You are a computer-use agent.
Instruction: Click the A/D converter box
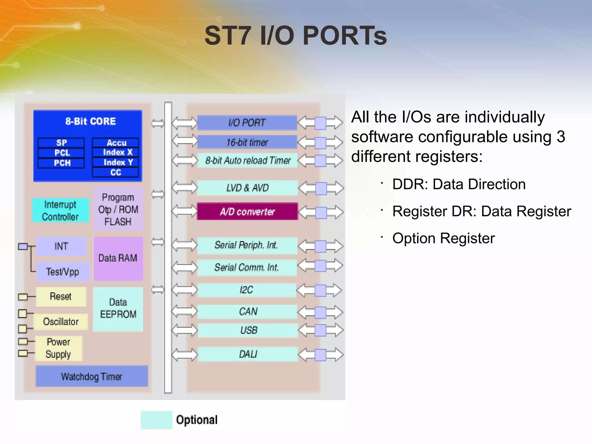247,211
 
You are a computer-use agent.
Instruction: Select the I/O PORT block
247,123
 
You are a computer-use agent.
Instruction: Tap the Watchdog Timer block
92,376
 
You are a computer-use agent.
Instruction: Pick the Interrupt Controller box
60,210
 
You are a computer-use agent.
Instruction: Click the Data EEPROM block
118,309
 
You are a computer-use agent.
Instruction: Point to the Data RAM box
118,258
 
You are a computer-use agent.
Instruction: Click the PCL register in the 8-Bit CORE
61,153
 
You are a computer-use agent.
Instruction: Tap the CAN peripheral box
247,312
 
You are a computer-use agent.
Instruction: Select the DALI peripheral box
248,354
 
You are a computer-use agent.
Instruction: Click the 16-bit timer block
247,142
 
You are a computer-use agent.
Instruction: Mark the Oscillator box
61,322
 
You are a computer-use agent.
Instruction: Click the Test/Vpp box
62,272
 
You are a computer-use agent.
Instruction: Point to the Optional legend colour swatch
156,420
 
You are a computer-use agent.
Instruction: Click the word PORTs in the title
345,36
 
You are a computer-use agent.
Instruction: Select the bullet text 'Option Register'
443,238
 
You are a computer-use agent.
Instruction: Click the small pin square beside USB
320,330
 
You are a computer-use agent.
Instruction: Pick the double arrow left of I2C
184,290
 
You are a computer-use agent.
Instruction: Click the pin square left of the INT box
23,247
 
